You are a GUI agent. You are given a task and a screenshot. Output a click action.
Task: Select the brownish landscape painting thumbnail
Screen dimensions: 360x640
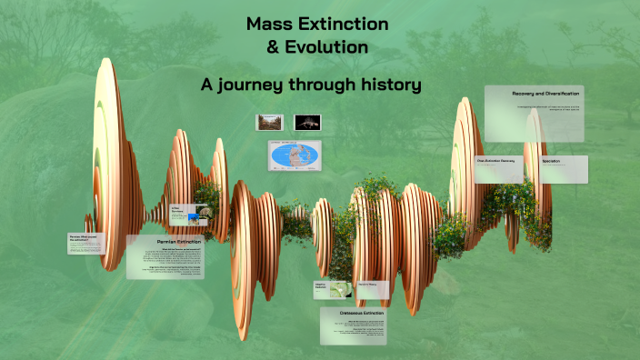270,121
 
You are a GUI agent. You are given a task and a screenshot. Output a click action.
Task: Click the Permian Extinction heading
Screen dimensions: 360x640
179,242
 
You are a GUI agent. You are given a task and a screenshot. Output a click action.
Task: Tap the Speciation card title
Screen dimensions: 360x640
552,161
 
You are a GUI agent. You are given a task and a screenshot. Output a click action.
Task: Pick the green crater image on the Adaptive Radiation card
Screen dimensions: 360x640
340,290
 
